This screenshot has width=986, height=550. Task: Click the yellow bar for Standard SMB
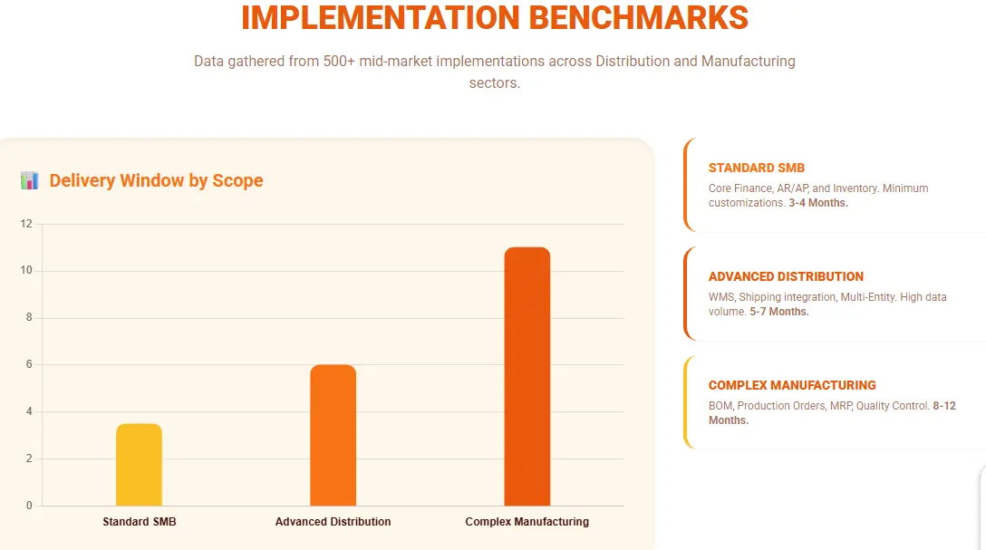tap(139, 464)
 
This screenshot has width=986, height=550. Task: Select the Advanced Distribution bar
tap(333, 435)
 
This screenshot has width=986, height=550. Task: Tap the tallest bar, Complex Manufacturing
tap(527, 376)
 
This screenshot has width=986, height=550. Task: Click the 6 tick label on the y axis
tap(28, 365)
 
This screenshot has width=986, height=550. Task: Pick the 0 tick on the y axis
tap(28, 506)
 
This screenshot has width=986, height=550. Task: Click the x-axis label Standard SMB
tap(139, 522)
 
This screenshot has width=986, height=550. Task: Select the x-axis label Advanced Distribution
tap(333, 522)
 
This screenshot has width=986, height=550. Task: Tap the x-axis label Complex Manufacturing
tap(527, 522)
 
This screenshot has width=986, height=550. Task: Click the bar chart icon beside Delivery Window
tap(30, 180)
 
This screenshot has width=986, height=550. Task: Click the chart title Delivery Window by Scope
tap(156, 180)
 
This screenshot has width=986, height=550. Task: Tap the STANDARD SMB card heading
tap(756, 168)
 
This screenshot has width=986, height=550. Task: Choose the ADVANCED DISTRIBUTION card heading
tap(786, 276)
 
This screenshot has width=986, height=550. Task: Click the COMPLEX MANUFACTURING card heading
tap(792, 385)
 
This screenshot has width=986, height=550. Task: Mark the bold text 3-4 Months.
tap(818, 203)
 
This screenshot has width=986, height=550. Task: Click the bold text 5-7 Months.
tap(778, 312)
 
